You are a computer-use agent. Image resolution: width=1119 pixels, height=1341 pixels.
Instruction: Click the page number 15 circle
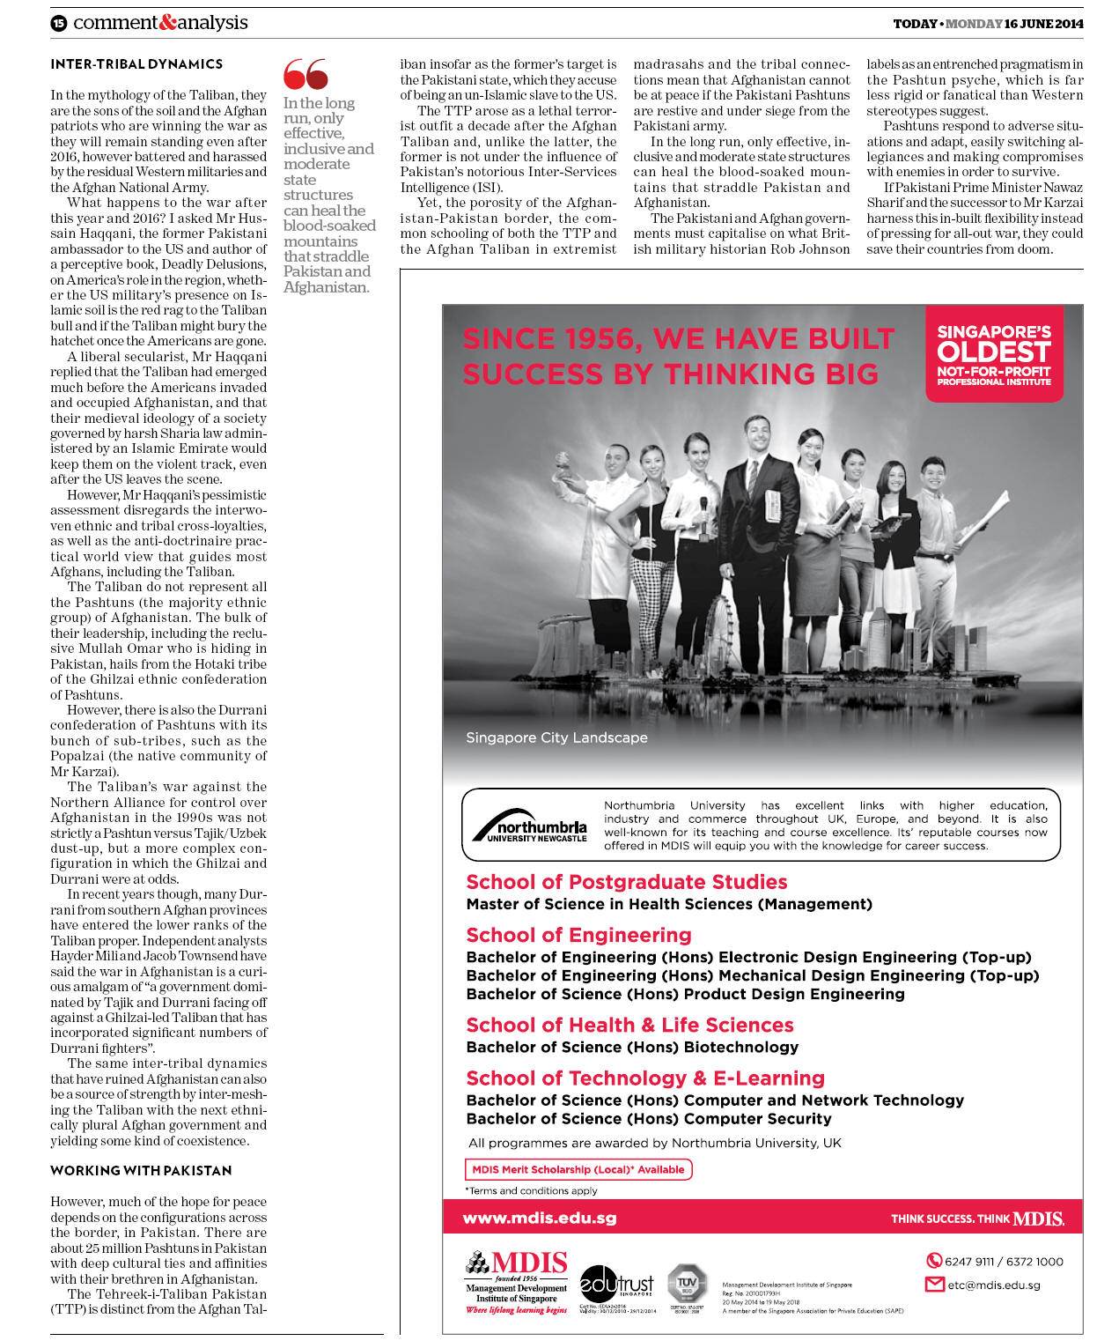[x=58, y=24]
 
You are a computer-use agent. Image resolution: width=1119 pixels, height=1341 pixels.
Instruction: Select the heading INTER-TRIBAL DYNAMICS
[x=136, y=64]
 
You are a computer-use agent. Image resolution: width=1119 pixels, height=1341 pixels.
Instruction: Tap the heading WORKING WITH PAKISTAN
[x=141, y=1170]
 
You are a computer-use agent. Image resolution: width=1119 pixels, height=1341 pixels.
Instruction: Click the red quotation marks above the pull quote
[x=306, y=74]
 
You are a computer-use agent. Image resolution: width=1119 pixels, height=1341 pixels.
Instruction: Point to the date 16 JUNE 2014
[x=1043, y=24]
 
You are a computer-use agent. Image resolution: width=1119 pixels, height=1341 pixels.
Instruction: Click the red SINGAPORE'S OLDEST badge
[x=994, y=354]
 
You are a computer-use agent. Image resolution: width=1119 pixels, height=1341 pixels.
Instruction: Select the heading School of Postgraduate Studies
[x=626, y=882]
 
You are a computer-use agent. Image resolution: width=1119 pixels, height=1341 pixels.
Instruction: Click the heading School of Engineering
[x=578, y=935]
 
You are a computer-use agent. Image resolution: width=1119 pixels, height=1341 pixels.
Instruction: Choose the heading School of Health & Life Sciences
[x=629, y=1025]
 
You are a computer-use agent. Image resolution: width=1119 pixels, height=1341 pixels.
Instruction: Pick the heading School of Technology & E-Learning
[x=645, y=1078]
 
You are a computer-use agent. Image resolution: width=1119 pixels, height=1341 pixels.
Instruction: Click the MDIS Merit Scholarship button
[x=578, y=1169]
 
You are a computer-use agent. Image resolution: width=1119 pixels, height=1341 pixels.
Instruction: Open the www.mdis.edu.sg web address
[x=540, y=1218]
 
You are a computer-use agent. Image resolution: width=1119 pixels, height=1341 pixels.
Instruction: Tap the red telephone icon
[x=934, y=1261]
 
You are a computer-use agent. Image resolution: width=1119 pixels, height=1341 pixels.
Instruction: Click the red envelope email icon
[x=934, y=1284]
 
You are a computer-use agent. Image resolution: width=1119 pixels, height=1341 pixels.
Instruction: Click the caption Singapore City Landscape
[x=556, y=737]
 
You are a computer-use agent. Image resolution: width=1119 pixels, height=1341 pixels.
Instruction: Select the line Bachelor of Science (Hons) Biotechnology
[x=632, y=1047]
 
